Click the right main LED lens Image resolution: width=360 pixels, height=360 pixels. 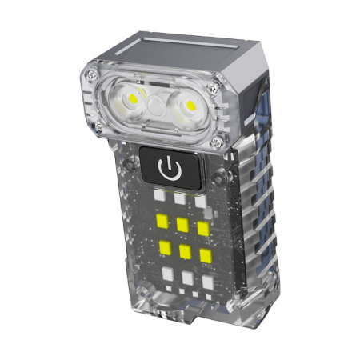click(x=190, y=105)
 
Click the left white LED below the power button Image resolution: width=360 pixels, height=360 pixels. click(x=160, y=195)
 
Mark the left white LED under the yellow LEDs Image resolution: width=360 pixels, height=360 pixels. click(x=168, y=272)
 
